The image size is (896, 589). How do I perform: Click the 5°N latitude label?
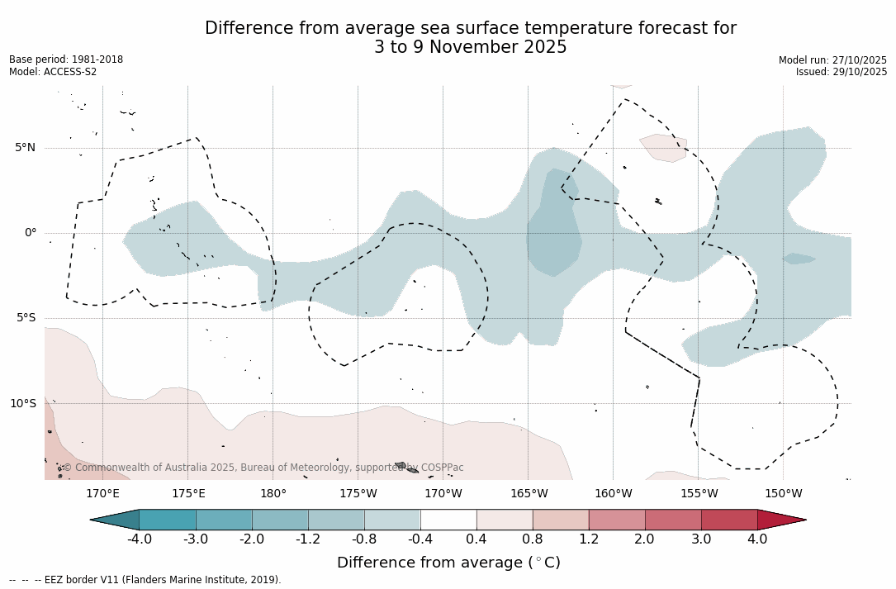[x=25, y=148]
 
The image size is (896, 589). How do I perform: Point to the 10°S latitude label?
[x=22, y=404]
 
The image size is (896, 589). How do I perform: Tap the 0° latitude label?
[x=31, y=233]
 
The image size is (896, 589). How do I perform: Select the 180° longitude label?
[x=273, y=494]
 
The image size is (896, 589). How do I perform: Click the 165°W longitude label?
[x=529, y=494]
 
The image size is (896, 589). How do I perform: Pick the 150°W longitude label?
[x=783, y=494]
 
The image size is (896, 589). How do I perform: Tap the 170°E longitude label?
[x=102, y=494]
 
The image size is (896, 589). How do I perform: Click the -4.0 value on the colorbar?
[x=139, y=539]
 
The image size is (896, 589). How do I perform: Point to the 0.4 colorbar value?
[x=476, y=539]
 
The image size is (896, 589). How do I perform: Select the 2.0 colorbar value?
[x=644, y=539]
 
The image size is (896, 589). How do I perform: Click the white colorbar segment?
[x=448, y=520]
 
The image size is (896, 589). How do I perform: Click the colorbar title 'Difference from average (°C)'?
[x=448, y=563]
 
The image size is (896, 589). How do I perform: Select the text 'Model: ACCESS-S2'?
[x=53, y=72]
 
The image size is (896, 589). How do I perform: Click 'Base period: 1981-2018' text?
[x=66, y=59]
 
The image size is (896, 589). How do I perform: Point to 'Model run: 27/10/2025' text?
[x=832, y=60]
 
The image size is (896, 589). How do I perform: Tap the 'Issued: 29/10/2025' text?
[x=841, y=72]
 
